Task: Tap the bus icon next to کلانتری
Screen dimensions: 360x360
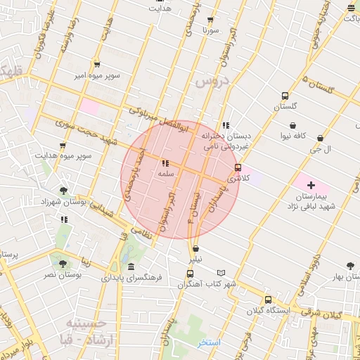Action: (238, 167)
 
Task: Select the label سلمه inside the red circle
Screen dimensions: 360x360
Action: (166, 173)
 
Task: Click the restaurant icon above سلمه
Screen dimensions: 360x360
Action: (166, 162)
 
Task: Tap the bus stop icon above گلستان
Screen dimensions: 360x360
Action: (285, 96)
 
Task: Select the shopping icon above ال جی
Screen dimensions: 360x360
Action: (321, 138)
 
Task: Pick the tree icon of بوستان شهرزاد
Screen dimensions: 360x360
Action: (64, 190)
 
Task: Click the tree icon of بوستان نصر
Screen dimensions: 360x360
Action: (64, 264)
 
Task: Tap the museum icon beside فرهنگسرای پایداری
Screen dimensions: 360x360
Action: (131, 266)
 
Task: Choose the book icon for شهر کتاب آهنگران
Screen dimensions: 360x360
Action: (221, 273)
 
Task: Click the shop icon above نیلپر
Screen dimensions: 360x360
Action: (195, 248)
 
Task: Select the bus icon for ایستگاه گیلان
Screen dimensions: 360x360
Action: (267, 299)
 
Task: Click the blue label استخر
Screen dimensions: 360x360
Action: (209, 342)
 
